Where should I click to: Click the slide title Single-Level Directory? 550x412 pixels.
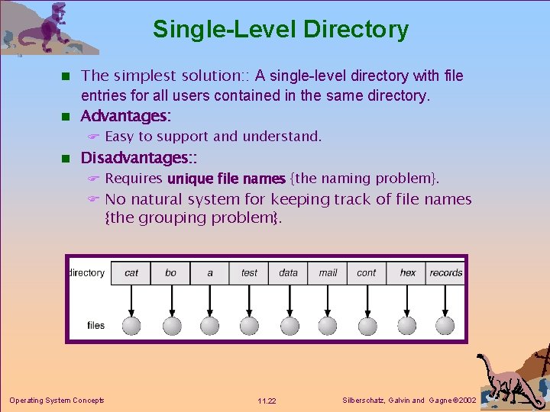pos(280,30)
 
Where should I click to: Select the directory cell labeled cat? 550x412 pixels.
pos(131,272)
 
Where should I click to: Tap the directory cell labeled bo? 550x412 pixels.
pos(170,272)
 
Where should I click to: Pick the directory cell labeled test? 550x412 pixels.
pos(249,272)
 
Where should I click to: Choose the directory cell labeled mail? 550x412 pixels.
pos(328,272)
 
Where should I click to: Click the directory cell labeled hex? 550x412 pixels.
pos(408,272)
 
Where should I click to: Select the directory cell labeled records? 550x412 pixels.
pos(446,272)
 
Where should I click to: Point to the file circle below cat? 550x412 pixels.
pos(132,326)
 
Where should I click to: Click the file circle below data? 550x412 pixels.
pos(290,326)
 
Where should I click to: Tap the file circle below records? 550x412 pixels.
pos(446,326)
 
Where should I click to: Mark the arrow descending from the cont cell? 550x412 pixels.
pos(367,301)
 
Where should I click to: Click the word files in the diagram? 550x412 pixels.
pos(95,325)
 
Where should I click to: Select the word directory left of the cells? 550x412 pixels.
pos(87,272)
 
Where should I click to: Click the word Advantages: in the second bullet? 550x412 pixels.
pos(126,116)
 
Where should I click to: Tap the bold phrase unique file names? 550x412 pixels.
pos(226,179)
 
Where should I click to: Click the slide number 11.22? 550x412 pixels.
pos(267,401)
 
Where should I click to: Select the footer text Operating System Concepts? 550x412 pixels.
pos(57,400)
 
